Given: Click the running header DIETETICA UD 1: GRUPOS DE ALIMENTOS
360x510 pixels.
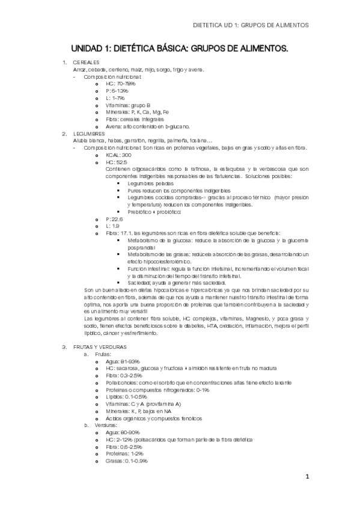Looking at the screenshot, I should (254, 26).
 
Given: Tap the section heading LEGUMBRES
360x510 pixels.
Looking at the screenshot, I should (88, 134).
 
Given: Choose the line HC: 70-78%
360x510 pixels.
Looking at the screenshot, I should (120, 84).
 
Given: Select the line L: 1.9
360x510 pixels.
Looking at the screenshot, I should (112, 226).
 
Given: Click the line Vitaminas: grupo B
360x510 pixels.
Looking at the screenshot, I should (128, 105).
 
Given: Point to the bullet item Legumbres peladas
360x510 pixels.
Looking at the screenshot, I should (148, 183).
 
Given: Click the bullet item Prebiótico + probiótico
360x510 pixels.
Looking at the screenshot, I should (154, 212).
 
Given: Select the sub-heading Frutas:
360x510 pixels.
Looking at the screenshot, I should (103, 354).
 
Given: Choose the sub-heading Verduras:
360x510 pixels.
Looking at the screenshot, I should (106, 425).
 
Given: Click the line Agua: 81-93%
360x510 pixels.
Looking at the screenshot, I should (122, 361).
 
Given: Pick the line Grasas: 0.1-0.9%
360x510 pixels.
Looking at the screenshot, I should (126, 461).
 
